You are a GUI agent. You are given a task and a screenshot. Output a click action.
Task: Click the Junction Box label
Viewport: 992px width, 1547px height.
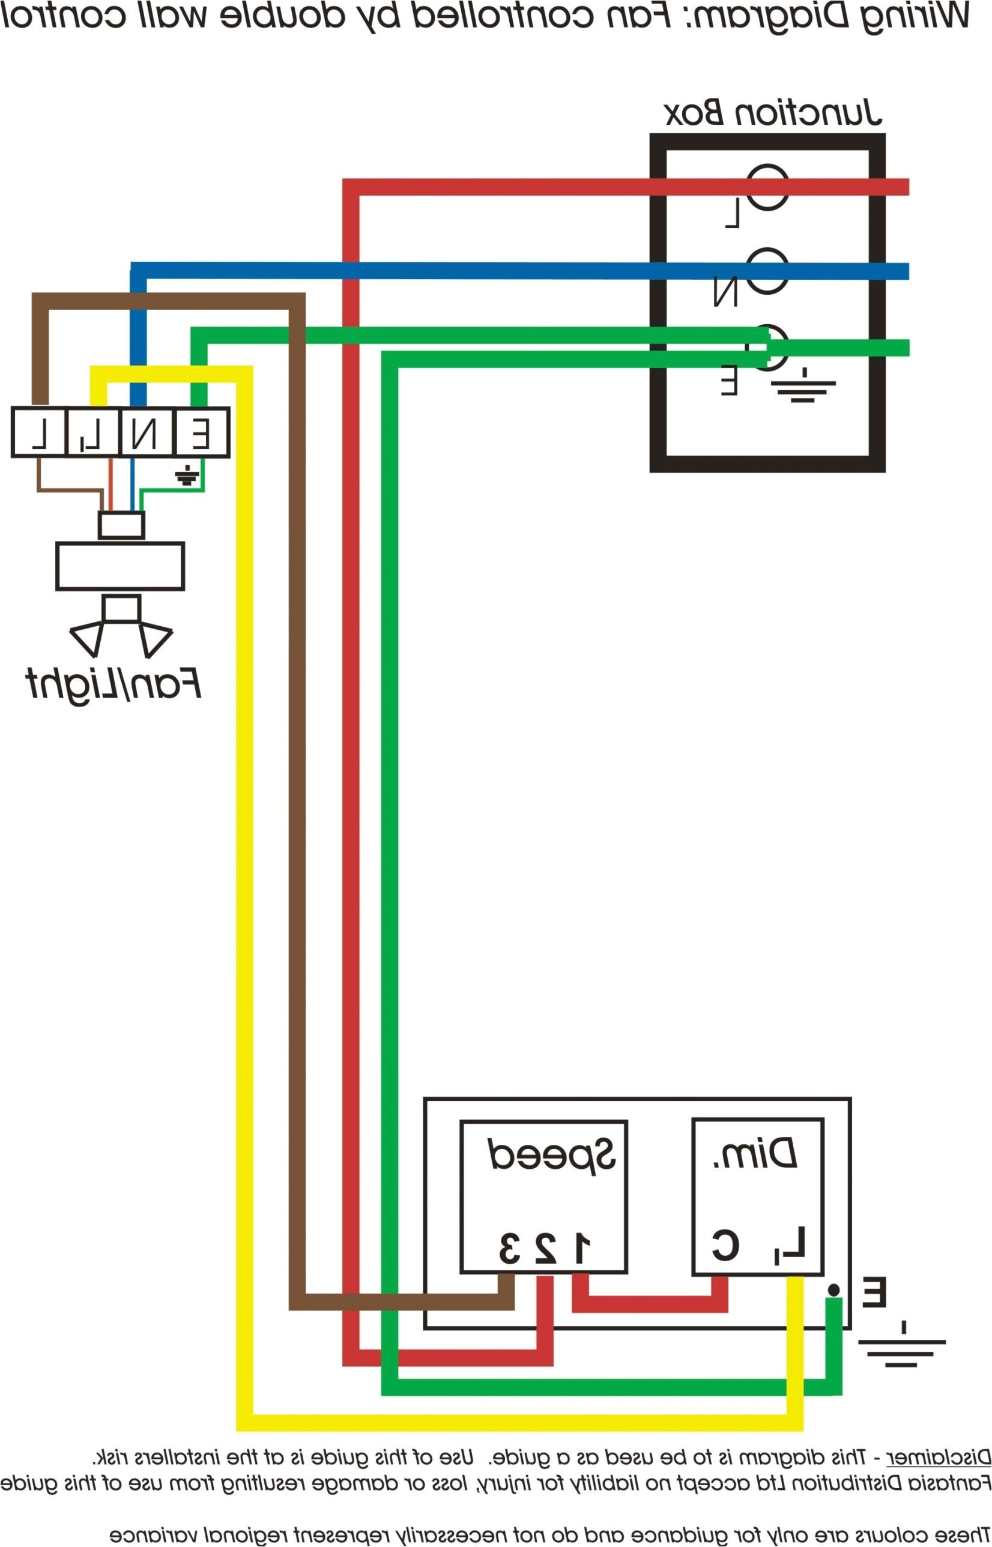point(772,113)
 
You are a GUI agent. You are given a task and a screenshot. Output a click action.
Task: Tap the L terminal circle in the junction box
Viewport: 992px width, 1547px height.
point(768,187)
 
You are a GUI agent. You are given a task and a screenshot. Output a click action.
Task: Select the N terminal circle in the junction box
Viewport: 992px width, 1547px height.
point(768,271)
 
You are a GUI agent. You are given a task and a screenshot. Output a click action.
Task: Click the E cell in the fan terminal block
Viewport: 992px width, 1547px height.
point(201,433)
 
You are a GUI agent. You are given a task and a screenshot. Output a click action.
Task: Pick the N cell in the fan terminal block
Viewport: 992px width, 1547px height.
point(147,433)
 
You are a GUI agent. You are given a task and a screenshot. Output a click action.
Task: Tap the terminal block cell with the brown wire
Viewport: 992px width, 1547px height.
point(39,433)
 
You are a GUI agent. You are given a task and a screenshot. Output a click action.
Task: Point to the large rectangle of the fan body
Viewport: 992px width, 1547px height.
point(121,566)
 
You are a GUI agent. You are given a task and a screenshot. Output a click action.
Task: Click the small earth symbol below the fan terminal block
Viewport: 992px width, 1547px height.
point(187,476)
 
